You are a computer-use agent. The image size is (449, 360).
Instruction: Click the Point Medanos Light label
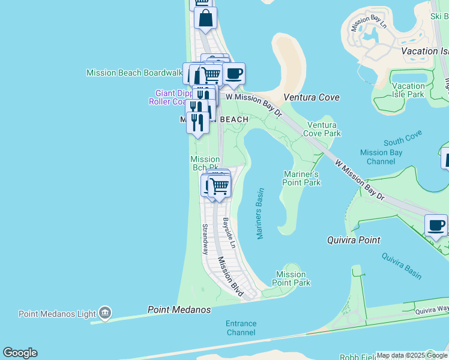point(57,314)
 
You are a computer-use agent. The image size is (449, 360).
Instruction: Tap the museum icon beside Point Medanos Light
point(105,313)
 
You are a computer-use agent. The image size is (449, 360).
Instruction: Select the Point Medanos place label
point(179,310)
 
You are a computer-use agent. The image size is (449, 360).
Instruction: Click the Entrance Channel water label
point(241,328)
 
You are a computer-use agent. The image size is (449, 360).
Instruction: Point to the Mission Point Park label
point(291,278)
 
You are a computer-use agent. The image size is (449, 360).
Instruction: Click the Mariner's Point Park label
point(302,178)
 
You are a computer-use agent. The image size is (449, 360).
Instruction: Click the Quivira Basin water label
point(402,265)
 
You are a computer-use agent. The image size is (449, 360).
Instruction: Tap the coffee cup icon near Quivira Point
point(436,226)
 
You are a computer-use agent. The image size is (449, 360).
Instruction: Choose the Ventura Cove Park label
point(324,129)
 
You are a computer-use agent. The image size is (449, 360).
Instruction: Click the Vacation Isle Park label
point(408,90)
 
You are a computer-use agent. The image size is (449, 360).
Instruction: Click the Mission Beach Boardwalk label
point(134,73)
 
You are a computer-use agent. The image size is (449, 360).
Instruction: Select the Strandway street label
point(205,239)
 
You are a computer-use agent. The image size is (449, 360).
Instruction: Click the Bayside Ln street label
point(229,233)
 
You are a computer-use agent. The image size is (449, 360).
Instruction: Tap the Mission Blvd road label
point(230,277)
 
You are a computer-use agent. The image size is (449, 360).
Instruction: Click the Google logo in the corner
point(20,353)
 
